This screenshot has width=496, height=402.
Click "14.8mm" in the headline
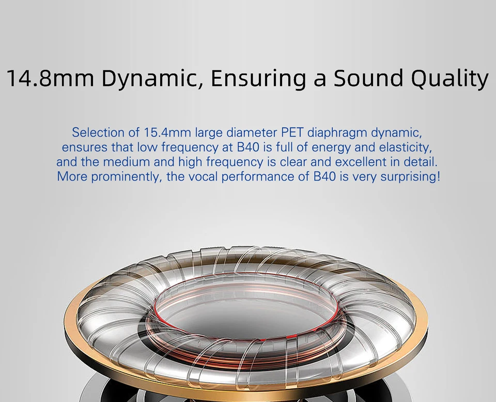tap(50, 78)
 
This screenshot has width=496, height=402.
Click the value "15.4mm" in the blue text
tap(167, 132)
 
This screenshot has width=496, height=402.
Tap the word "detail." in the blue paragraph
tap(421, 162)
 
